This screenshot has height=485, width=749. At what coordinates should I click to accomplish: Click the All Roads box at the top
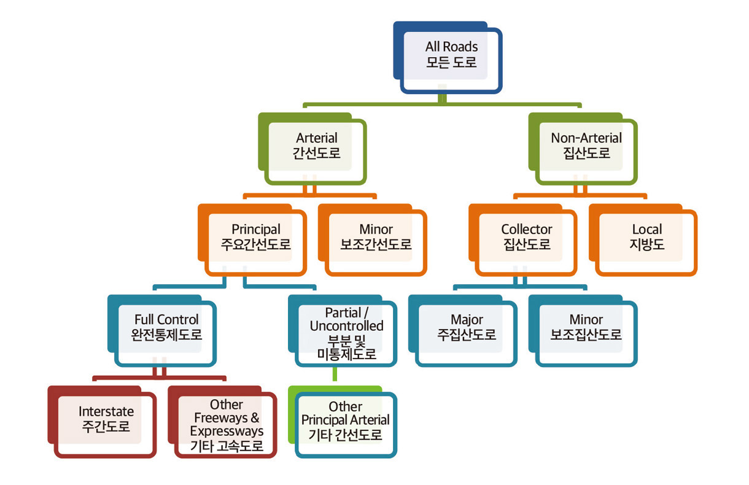click(x=451, y=55)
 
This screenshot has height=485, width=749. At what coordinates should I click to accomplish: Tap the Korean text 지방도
click(x=646, y=244)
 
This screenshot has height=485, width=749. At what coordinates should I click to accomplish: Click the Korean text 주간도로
click(x=106, y=427)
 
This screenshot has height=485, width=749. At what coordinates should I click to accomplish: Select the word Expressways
click(x=226, y=432)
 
